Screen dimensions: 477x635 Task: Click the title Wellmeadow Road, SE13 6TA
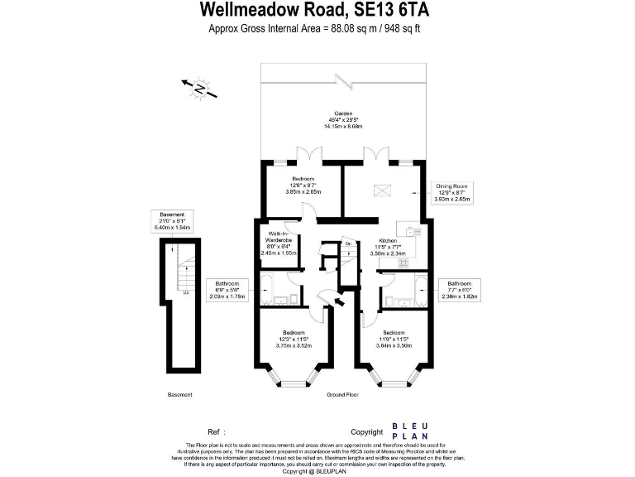pos(317,11)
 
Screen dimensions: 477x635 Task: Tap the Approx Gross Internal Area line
pos(317,29)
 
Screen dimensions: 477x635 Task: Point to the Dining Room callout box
pos(453,193)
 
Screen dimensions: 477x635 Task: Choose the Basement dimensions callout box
pos(174,221)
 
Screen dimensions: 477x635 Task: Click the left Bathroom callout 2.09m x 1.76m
pos(227,289)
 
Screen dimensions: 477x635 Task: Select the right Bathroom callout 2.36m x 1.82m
pos(460,289)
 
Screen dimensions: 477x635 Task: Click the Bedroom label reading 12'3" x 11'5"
pos(294,339)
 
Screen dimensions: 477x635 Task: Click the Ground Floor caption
pos(342,395)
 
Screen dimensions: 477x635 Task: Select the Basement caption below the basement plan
pos(179,395)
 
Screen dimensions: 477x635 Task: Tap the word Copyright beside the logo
pos(367,431)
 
